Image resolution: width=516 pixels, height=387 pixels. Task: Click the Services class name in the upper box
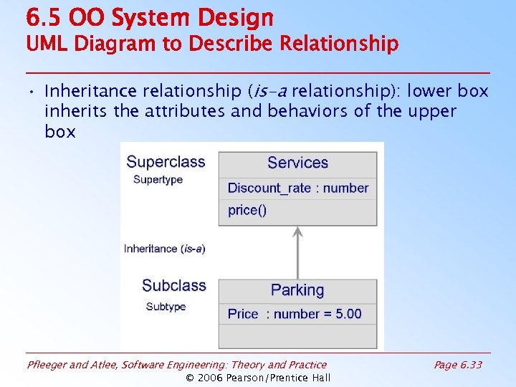pyautogui.click(x=297, y=163)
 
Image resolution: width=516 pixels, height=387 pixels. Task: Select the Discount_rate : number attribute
pyautogui.click(x=297, y=188)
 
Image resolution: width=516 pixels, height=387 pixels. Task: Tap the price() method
pyautogui.click(x=247, y=210)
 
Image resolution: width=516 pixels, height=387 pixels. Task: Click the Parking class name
pyautogui.click(x=297, y=290)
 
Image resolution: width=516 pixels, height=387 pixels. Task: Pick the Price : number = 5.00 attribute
pyautogui.click(x=295, y=314)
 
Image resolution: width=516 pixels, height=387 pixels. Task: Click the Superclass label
pyautogui.click(x=166, y=162)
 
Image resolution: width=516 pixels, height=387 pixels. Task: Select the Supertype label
pyautogui.click(x=158, y=180)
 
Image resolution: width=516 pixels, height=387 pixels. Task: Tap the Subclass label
pyautogui.click(x=173, y=285)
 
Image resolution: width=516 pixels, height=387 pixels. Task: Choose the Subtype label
pyautogui.click(x=166, y=307)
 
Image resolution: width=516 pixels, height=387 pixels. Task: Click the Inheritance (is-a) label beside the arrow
pyautogui.click(x=165, y=249)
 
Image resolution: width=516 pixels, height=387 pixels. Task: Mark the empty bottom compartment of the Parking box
pyautogui.click(x=297, y=336)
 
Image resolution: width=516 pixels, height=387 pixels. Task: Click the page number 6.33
pyautogui.click(x=458, y=365)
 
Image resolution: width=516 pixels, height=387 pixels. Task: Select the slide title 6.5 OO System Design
pyautogui.click(x=150, y=17)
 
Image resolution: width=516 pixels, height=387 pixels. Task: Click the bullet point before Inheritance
pyautogui.click(x=33, y=92)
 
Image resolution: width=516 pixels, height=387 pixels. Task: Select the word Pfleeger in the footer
pyautogui.click(x=49, y=365)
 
